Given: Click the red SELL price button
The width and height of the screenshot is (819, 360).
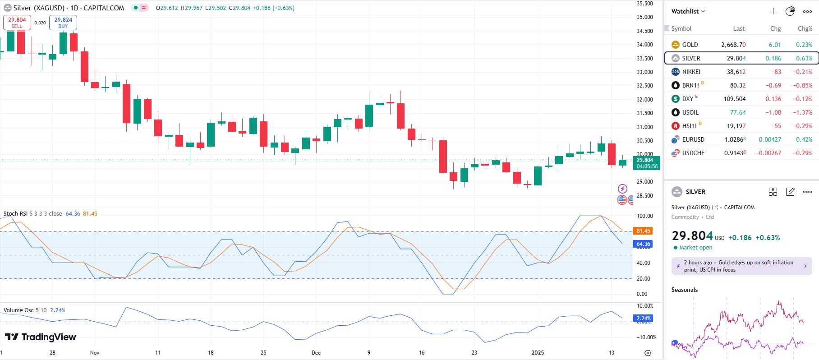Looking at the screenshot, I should [17, 23].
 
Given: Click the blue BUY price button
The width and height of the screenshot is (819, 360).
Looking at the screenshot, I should [63, 23].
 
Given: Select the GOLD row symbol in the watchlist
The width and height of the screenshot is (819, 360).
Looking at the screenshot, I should [690, 45].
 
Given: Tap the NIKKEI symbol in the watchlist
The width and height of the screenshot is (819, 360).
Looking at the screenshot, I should [691, 72].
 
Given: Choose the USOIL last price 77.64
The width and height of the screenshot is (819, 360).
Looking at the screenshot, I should [738, 112].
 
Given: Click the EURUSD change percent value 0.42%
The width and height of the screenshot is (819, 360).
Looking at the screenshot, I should [805, 139].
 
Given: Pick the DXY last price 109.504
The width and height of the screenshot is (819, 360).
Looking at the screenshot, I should [734, 99].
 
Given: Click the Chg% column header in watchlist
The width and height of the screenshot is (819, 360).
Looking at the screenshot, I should [805, 28].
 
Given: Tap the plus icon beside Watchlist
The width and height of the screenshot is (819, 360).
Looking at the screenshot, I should [773, 11].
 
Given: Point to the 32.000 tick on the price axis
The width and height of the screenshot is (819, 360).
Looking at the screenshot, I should [644, 99].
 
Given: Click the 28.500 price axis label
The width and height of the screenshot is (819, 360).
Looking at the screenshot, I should [644, 195].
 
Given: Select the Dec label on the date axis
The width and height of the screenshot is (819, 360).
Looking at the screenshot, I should [316, 352].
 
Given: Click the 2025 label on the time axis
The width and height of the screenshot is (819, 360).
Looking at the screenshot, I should [538, 352].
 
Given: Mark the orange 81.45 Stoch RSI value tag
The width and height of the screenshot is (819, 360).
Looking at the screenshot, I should [643, 231].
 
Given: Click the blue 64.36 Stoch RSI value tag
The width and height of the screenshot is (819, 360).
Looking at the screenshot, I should [643, 244].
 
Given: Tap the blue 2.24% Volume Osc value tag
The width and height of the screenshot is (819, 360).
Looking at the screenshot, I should [643, 318].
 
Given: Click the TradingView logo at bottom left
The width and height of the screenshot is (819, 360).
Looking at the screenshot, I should [41, 337].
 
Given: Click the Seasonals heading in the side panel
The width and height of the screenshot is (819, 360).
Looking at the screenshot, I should [684, 290].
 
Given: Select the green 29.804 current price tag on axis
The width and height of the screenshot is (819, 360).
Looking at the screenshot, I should [647, 163].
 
